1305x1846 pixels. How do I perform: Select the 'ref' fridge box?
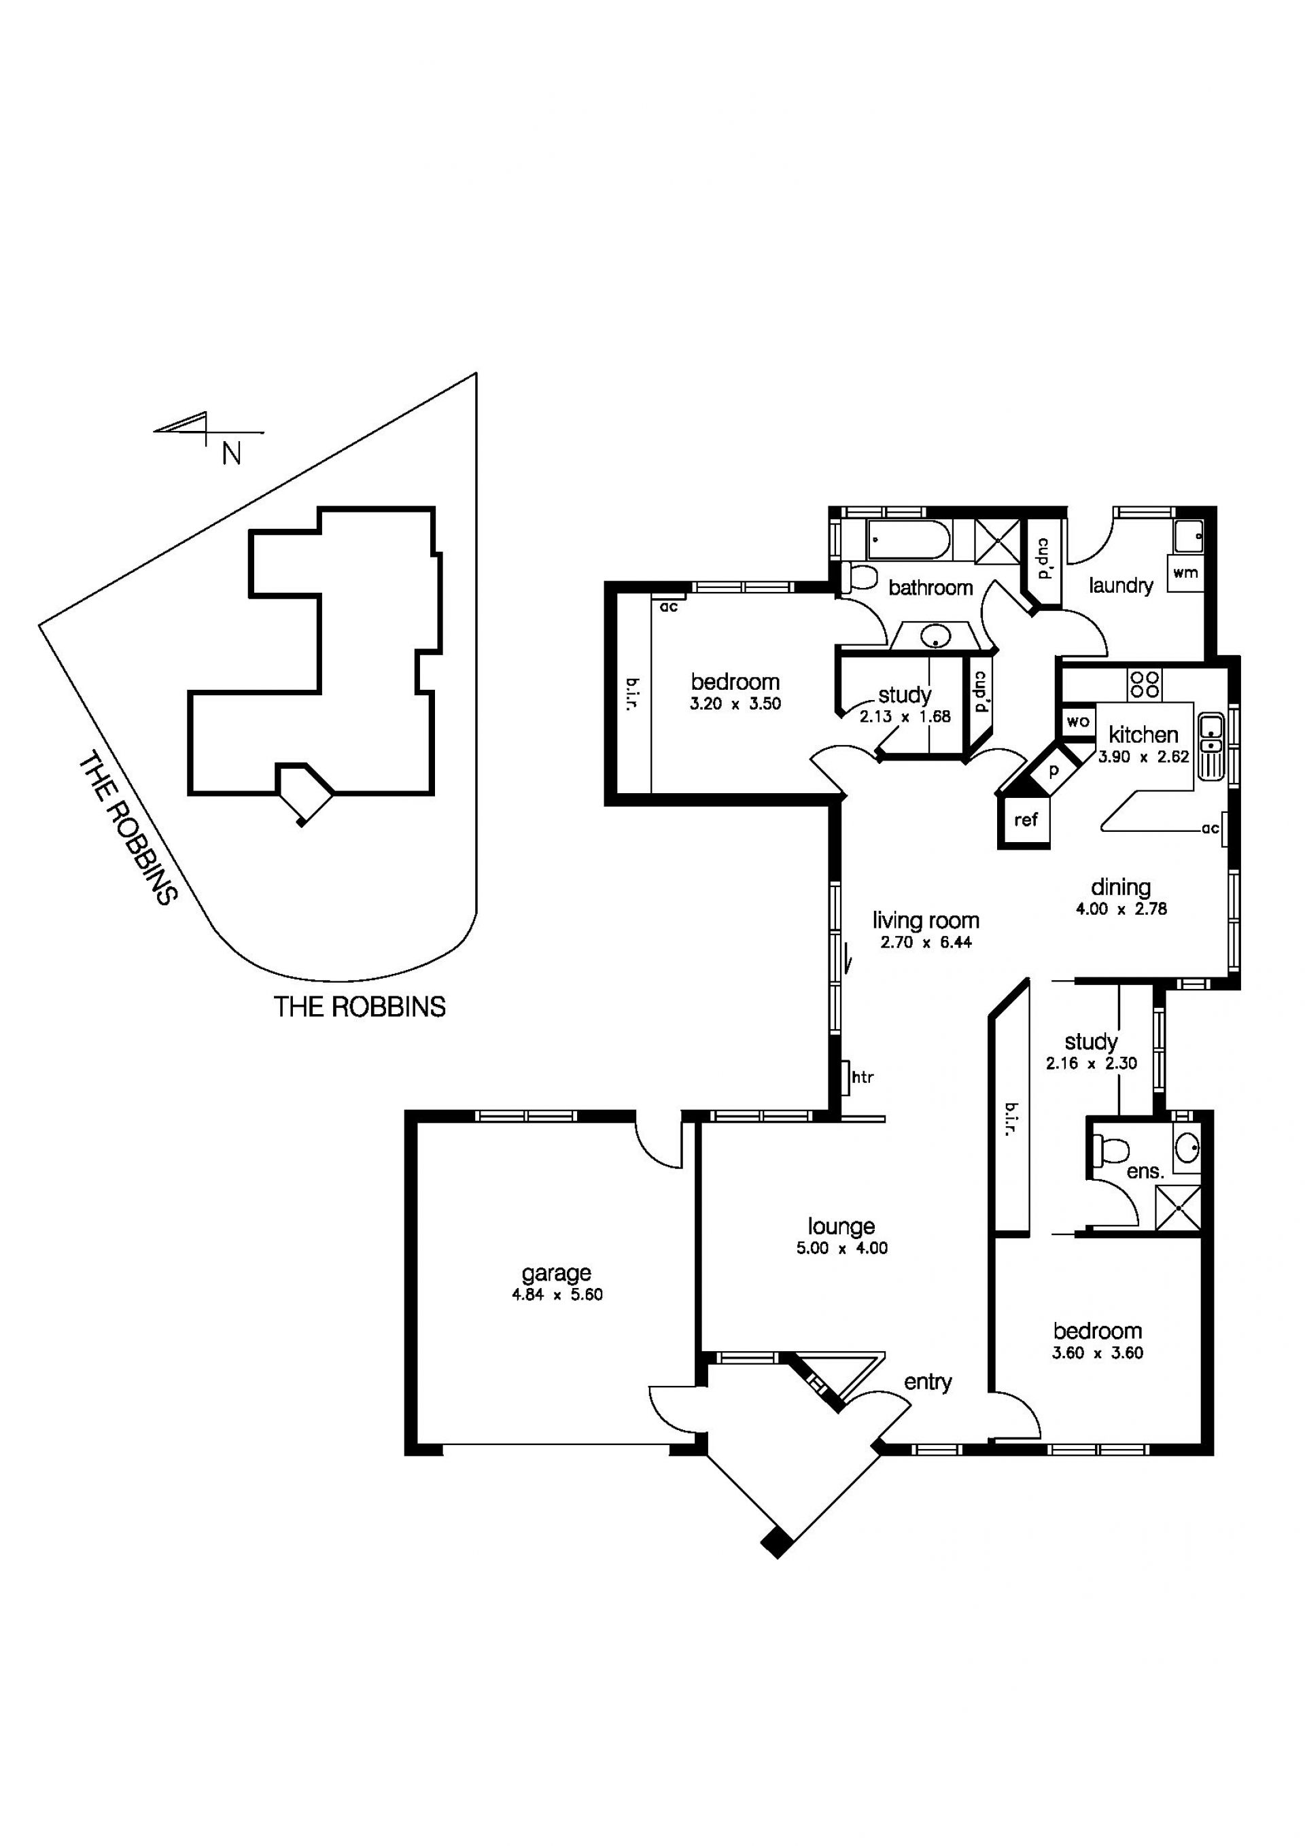pos(1025,820)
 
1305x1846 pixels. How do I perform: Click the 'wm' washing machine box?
pos(1185,573)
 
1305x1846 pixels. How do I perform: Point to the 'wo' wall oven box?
pos(1077,721)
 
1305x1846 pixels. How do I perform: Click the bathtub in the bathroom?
pos(909,540)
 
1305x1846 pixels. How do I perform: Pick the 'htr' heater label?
pos(862,1077)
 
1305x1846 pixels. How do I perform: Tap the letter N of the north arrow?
pos(231,455)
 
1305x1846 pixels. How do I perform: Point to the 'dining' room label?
pos(1120,888)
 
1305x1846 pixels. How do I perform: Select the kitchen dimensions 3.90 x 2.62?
pos(1143,756)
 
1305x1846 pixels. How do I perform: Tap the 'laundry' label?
pos(1121,586)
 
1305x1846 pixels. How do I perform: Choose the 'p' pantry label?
pos(1054,770)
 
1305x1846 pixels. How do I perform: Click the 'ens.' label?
pos(1145,1172)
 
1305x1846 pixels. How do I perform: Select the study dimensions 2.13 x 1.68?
pos(905,716)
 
